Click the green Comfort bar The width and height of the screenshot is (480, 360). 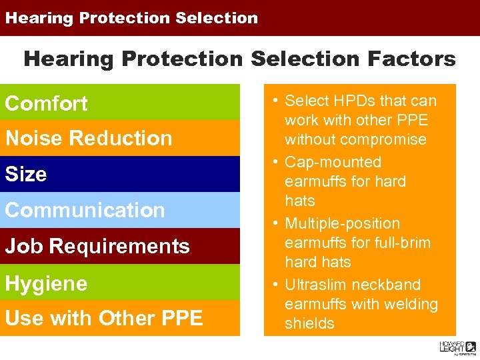coord(120,103)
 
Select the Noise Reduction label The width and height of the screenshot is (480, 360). coord(89,138)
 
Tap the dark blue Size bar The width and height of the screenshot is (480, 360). coord(120,174)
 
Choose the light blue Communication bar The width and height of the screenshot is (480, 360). coord(120,210)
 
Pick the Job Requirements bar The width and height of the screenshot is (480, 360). coord(120,246)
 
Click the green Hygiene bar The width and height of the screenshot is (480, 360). coord(120,283)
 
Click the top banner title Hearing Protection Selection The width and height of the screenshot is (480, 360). coord(131,18)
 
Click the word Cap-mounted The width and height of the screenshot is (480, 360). coord(333,162)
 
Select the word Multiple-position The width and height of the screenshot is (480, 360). coord(342,223)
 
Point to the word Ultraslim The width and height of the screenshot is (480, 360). coord(317,285)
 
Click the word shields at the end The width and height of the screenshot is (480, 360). coord(309,323)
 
